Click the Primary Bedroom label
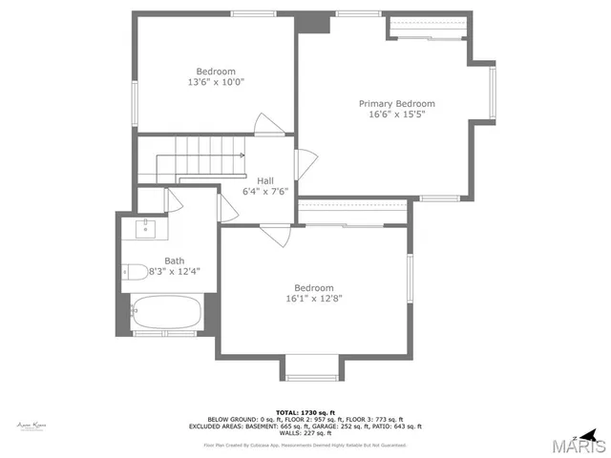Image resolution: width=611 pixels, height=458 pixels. (396, 103)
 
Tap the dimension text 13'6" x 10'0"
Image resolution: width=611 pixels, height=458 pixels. (216, 82)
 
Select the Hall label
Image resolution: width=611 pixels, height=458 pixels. (265, 179)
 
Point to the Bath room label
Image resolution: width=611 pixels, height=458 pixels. (174, 260)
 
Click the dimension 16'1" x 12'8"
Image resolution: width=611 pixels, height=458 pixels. (313, 299)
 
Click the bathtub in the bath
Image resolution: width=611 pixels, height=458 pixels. (166, 313)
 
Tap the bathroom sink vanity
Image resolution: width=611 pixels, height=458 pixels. (146, 229)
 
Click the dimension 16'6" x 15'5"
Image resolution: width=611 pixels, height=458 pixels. (396, 114)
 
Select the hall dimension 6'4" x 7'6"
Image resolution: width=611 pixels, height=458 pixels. (265, 191)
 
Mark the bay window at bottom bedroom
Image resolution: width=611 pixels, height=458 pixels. (312, 368)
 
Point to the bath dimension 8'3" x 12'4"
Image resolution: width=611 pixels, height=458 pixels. (174, 272)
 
